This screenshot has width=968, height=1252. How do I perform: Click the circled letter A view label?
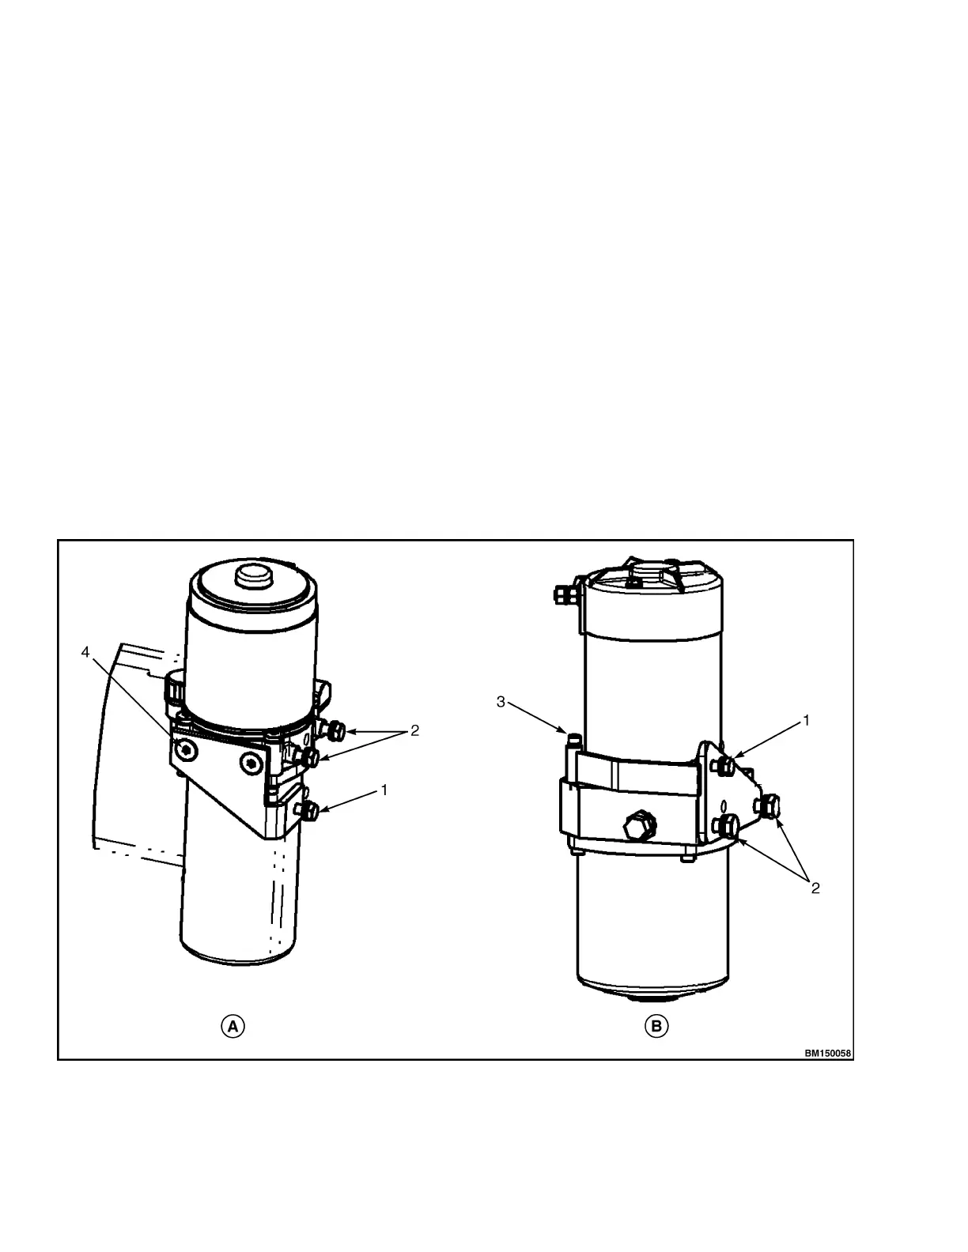233,1027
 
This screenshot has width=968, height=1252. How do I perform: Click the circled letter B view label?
656,1027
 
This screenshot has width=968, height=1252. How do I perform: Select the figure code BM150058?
829,1053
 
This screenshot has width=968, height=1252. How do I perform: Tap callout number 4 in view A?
86,652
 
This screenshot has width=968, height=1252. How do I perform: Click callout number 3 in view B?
501,701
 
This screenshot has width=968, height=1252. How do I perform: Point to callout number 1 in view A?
384,790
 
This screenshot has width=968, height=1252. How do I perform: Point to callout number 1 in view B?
806,720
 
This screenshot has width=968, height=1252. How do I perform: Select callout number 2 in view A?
414,731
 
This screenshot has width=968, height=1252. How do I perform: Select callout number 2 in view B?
815,888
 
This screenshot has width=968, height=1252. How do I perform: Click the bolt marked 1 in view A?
308,810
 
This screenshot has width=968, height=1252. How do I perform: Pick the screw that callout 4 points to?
184,749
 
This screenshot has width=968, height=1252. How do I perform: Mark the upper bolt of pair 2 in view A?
335,730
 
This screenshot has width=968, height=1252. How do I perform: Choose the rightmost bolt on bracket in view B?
768,806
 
